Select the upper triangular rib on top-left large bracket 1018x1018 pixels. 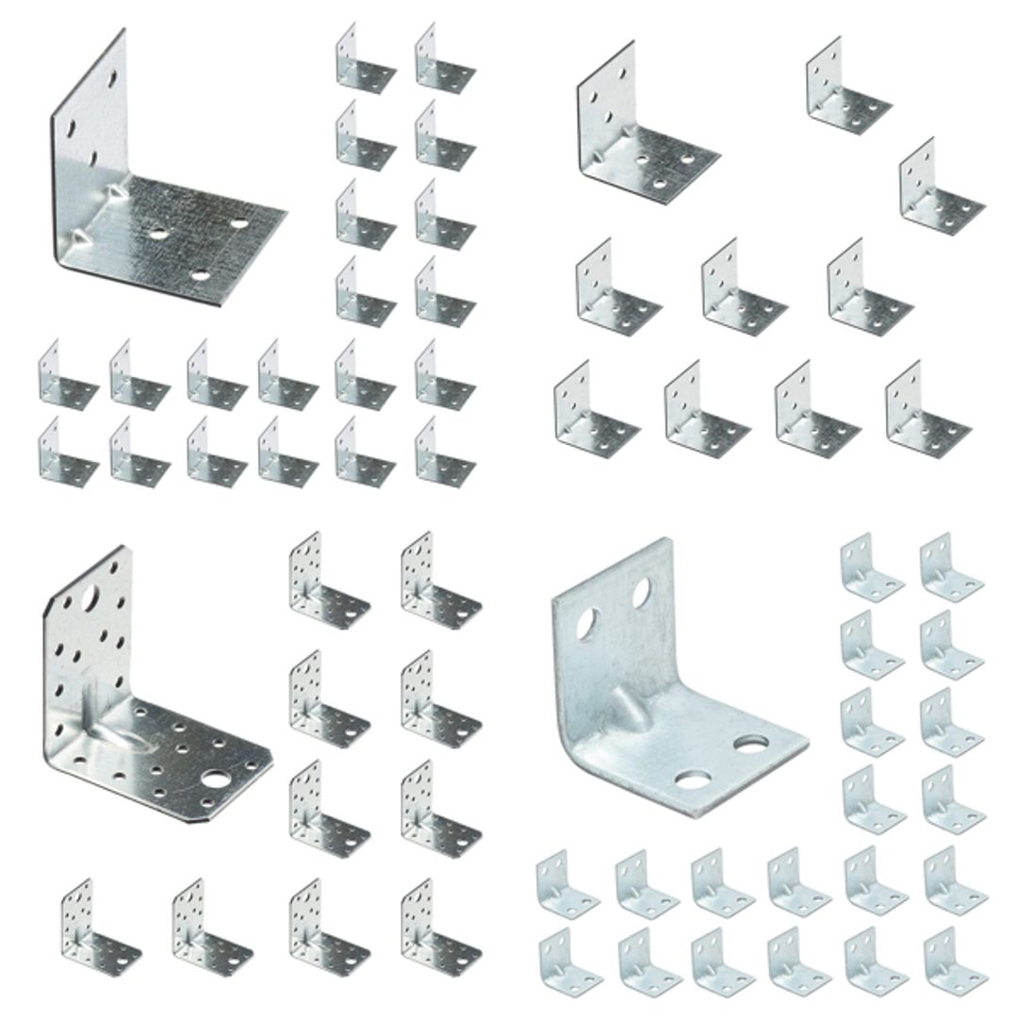point(121,192)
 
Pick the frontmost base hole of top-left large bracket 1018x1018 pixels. point(200,275)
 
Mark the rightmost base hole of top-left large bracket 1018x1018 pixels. point(239,223)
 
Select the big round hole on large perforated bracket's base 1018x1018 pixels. point(219,779)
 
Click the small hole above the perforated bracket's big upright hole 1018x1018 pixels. point(115,568)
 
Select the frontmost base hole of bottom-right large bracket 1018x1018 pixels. point(693,780)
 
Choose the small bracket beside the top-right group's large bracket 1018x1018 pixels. point(847,86)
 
